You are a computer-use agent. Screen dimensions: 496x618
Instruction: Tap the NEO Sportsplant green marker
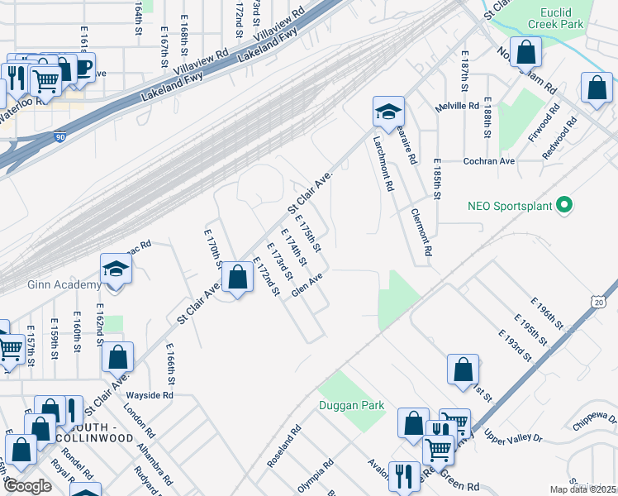565,203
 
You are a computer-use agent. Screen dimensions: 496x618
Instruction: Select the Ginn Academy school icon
116,268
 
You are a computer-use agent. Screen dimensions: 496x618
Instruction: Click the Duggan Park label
351,405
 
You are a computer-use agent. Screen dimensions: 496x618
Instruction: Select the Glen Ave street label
305,289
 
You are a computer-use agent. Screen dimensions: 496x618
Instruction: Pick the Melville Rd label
463,106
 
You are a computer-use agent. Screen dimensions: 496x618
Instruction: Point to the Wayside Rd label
151,395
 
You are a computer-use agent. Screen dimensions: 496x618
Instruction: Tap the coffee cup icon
83,66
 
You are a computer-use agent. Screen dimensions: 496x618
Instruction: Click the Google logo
28,485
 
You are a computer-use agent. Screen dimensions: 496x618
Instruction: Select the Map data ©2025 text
583,489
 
